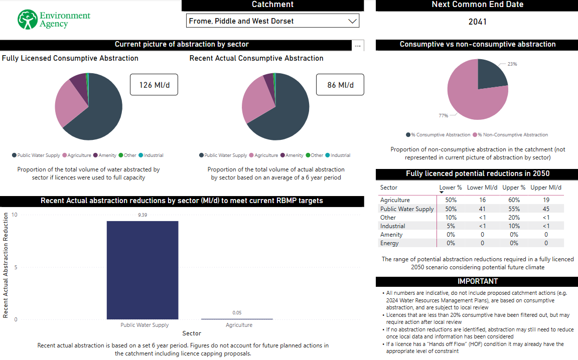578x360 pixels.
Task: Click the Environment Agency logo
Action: [54, 20]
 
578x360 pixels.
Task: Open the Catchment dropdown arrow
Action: [352, 21]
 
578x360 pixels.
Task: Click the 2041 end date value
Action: [477, 22]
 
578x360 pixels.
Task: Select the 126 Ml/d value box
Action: [154, 85]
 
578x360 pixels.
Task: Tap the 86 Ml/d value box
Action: [340, 85]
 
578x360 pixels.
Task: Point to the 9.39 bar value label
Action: [142, 215]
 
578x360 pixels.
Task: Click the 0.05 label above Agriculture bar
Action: [237, 313]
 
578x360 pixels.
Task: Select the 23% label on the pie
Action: [512, 64]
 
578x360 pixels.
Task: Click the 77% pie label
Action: [443, 116]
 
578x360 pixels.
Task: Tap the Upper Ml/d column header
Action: [546, 188]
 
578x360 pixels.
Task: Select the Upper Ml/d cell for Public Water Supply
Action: [546, 209]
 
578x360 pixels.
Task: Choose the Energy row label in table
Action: [389, 243]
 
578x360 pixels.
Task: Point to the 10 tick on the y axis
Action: [15, 215]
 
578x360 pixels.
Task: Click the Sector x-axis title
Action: [192, 333]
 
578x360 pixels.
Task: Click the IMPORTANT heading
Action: [477, 281]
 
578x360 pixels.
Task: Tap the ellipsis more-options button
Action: [358, 46]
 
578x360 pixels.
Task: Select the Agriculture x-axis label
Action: [239, 325]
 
